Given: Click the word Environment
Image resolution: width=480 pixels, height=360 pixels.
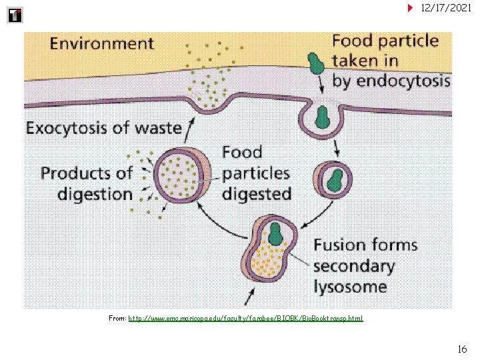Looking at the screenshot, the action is [102, 45].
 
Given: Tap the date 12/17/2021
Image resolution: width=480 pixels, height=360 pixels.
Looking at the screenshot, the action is [447, 7].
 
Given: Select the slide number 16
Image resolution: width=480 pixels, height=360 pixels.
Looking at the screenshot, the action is [462, 349].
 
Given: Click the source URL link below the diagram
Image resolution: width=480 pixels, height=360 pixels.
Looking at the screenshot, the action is [245, 319].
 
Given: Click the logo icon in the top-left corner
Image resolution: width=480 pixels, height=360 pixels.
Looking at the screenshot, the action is [15, 15].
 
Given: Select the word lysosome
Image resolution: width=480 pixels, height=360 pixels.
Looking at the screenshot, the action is [350, 287].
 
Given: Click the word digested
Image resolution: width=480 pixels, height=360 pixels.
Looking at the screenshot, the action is [257, 195].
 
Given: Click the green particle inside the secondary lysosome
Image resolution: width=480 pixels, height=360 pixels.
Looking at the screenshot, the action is [275, 233].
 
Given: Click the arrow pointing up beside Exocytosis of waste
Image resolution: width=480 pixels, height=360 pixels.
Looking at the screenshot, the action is [191, 125].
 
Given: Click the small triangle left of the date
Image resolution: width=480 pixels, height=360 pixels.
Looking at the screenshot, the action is [411, 8].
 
